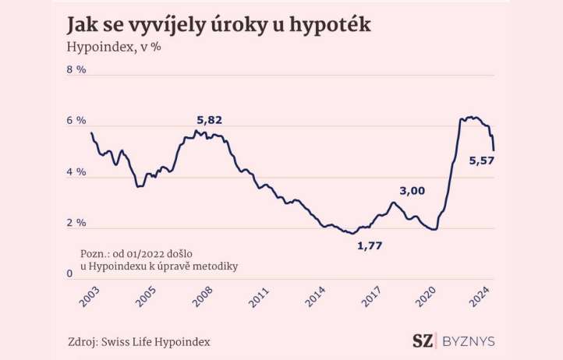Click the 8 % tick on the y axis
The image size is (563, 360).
pyautogui.click(x=76, y=70)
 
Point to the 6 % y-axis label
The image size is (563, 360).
pyautogui.click(x=76, y=121)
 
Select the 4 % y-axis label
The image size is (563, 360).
pyautogui.click(x=76, y=172)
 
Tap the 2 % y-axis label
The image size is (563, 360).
pyautogui.click(x=76, y=224)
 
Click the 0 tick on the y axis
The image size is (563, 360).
pyautogui.click(x=70, y=273)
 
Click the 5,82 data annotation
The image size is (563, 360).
pyautogui.click(x=209, y=120)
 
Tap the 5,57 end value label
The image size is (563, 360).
pyautogui.click(x=482, y=161)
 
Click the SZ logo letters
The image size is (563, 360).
pyautogui.click(x=423, y=341)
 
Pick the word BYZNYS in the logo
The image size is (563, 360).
pyautogui.click(x=468, y=341)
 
